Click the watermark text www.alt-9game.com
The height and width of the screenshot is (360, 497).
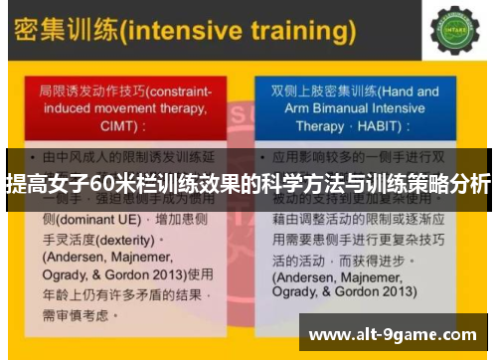click(x=393, y=333)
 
